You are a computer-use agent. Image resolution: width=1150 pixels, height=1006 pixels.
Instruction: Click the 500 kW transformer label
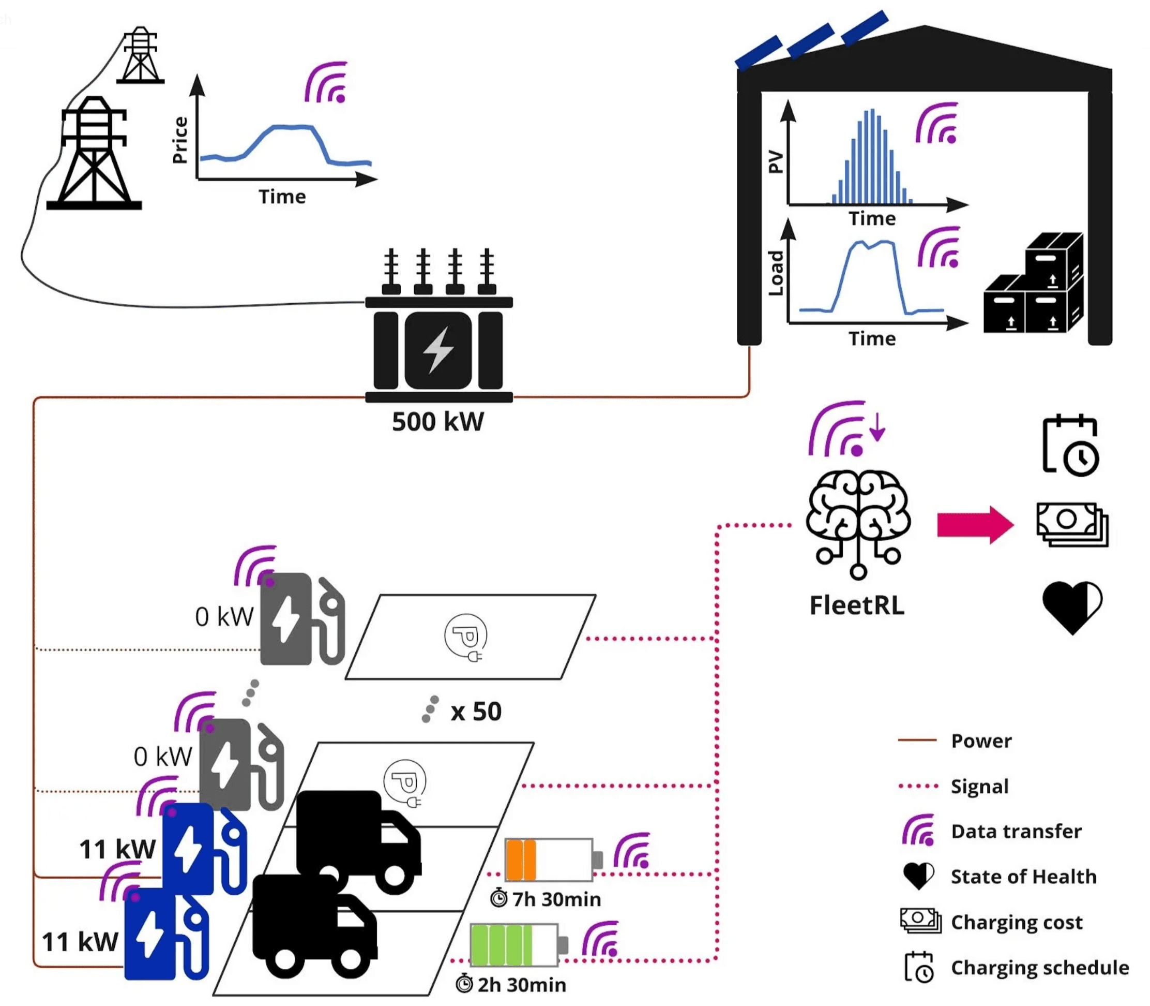tap(437, 422)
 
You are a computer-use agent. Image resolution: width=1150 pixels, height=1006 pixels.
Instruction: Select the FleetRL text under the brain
tap(857, 605)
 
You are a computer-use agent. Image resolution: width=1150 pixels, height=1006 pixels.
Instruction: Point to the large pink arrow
tap(975, 525)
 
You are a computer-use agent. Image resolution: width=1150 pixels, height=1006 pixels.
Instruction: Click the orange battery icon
tap(549, 860)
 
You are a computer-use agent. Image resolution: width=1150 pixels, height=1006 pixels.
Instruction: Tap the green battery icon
tap(514, 945)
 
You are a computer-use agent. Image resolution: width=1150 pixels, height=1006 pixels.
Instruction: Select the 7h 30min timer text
tap(555, 899)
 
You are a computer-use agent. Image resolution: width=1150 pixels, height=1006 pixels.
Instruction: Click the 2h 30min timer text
tap(521, 984)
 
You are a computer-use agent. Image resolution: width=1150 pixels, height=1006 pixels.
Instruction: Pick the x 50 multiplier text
tap(476, 711)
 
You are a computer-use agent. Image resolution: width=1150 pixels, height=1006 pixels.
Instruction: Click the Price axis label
tap(180, 140)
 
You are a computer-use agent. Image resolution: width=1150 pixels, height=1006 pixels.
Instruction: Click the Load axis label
tap(775, 273)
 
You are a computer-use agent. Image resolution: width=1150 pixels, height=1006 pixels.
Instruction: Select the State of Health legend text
tap(1023, 876)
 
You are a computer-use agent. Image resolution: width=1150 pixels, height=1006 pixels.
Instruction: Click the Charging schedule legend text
tap(1039, 967)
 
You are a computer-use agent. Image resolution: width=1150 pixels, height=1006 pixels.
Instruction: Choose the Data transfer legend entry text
tap(1016, 831)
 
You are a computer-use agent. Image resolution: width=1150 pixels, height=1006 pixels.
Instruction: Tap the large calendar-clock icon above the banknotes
tap(1070, 446)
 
